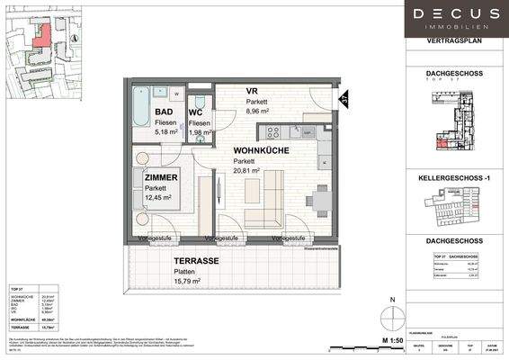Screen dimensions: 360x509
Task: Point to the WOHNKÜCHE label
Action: [x=261, y=151]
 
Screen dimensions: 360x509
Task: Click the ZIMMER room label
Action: [x=160, y=178]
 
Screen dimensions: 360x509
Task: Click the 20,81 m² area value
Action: [x=246, y=170]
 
